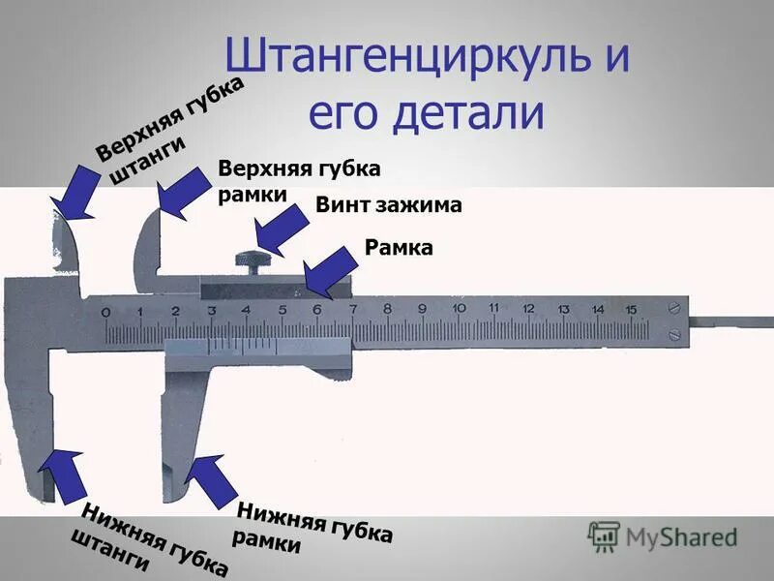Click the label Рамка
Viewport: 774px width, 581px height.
click(398, 248)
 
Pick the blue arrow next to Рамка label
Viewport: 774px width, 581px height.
click(329, 270)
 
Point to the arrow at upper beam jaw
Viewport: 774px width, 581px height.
click(75, 193)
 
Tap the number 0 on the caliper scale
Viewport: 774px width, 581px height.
click(104, 311)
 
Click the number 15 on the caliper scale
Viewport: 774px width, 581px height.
click(631, 309)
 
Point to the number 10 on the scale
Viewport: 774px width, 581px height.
click(457, 309)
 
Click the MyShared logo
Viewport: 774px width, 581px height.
click(663, 536)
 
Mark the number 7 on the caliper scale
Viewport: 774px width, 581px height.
click(351, 309)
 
